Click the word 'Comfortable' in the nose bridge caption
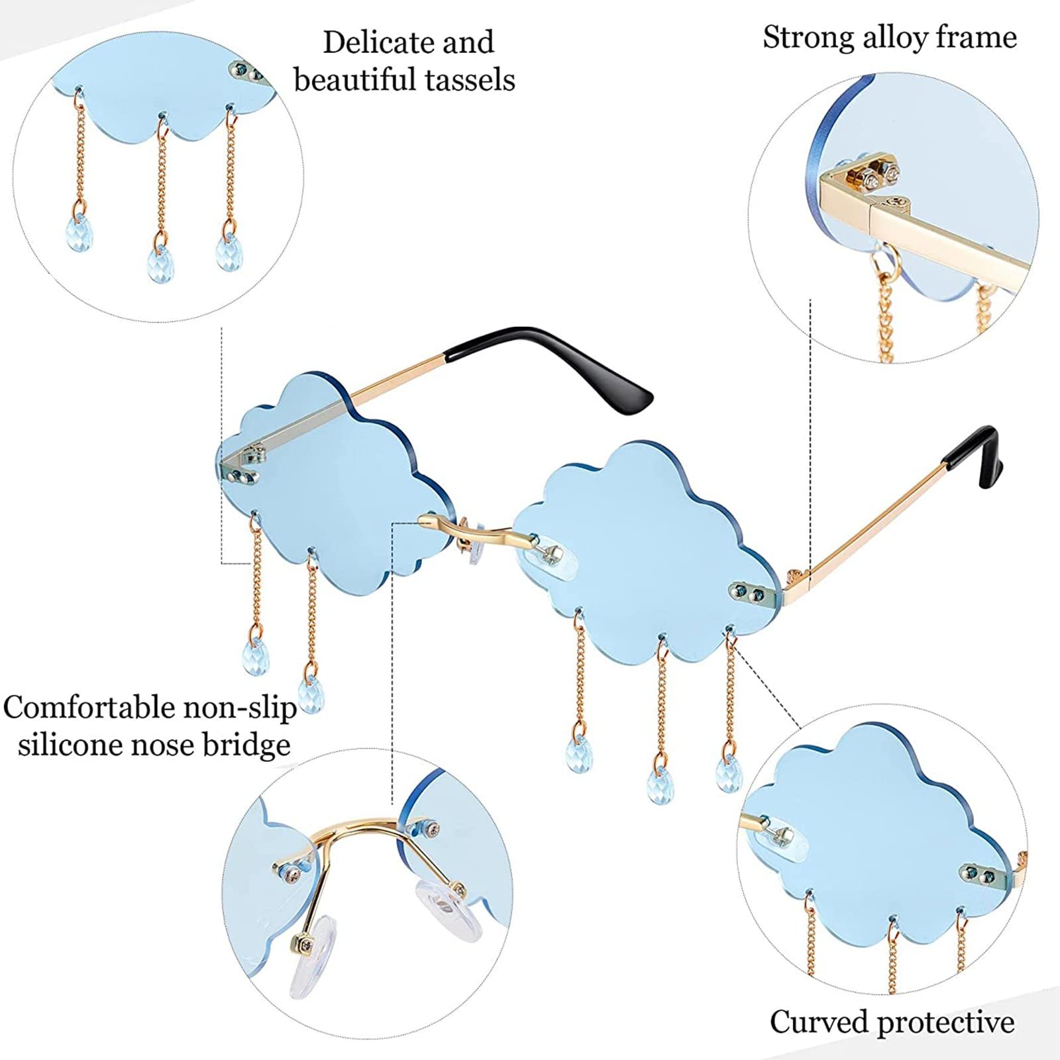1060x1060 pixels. [90, 708]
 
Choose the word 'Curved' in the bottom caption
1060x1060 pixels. [818, 1022]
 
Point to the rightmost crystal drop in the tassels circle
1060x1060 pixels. [230, 250]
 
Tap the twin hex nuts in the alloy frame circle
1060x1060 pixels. [878, 174]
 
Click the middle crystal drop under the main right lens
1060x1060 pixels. [659, 786]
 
